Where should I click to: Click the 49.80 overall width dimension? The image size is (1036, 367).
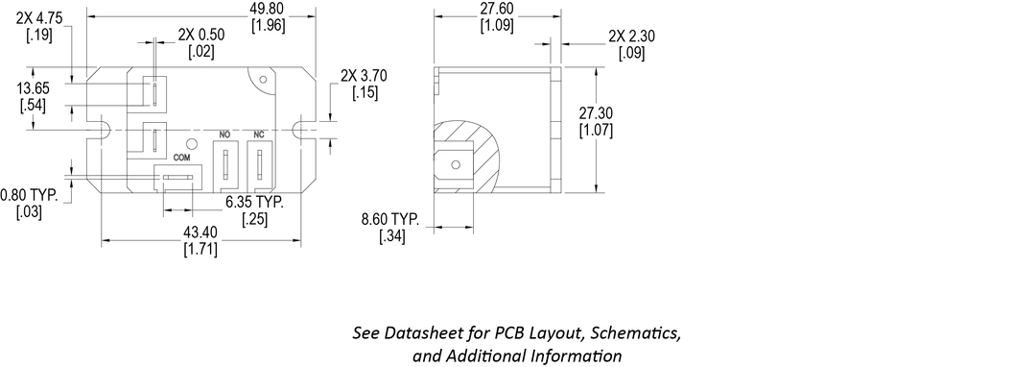tap(269, 10)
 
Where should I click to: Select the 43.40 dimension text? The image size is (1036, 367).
tap(200, 232)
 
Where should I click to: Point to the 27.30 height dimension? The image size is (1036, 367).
tap(596, 113)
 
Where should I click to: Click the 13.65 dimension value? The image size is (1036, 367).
tap(32, 88)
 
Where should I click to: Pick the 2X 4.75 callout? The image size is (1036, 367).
tap(39, 18)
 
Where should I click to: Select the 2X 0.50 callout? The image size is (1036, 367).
tap(200, 35)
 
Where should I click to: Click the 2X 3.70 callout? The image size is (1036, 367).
tap(364, 75)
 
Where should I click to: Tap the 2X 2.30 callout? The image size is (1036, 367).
tap(631, 37)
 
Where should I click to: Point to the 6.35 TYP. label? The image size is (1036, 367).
tap(254, 203)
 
